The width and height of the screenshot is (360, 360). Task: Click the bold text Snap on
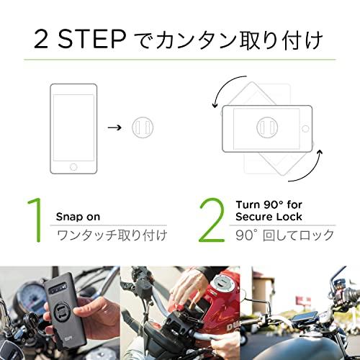click(78, 215)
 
